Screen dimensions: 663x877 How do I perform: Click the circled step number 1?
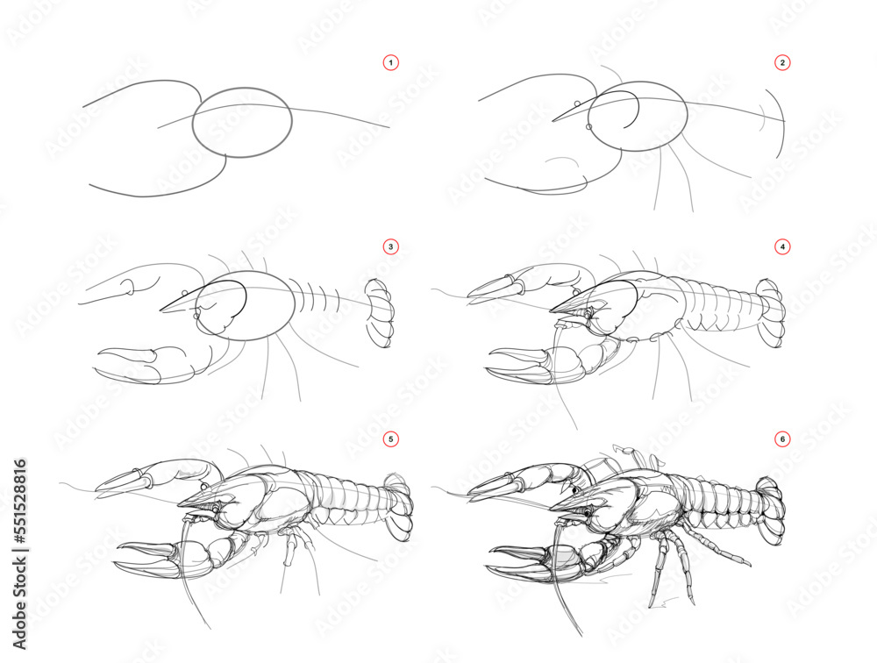[x=391, y=62]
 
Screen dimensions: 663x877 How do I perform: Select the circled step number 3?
[x=391, y=247]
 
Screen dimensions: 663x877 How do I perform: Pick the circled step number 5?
[x=391, y=438]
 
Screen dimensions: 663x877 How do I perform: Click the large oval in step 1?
[x=242, y=122]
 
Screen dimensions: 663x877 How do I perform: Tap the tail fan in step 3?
[x=379, y=313]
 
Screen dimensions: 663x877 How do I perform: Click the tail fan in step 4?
[x=772, y=314]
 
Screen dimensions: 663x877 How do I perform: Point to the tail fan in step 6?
[x=772, y=509]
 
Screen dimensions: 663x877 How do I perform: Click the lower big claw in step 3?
[x=132, y=363]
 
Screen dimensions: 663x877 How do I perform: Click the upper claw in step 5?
[x=132, y=479]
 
